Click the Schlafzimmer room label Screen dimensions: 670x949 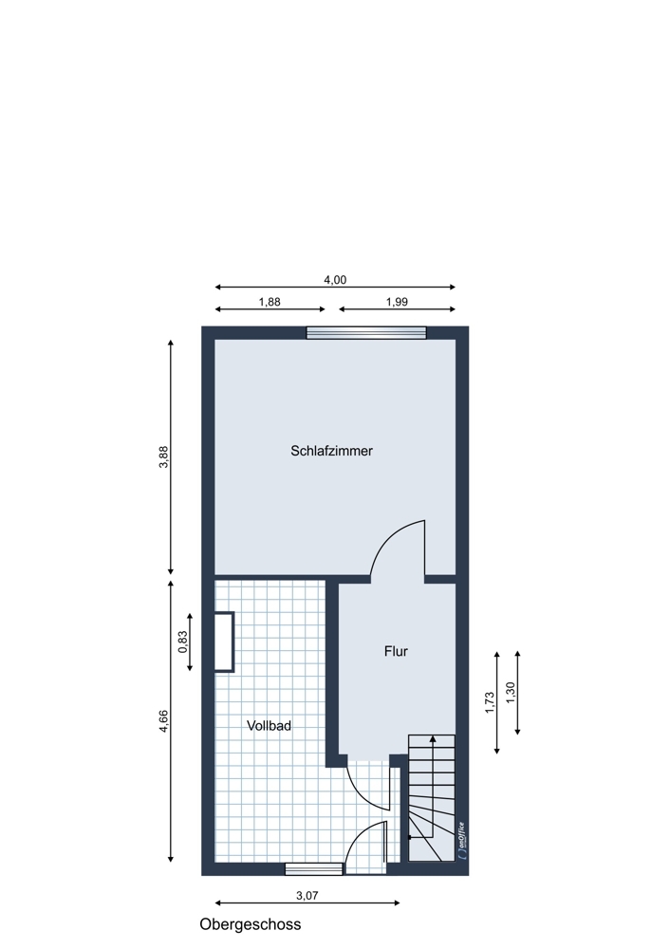331,451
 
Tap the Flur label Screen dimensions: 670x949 396,651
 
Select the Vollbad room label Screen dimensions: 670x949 269,725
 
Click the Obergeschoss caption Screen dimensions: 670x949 250,924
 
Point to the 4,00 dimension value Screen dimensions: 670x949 335,280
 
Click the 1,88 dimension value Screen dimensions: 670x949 270,302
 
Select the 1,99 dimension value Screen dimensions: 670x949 397,302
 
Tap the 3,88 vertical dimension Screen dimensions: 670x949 163,457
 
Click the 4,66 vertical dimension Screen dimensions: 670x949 163,721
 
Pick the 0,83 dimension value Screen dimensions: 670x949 183,642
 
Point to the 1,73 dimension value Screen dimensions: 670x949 490,702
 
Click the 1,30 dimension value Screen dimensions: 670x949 510,693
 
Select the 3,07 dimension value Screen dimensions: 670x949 307,896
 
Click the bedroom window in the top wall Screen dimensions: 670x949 366,333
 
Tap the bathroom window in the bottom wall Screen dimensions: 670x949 314,869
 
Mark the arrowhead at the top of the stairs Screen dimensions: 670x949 432,739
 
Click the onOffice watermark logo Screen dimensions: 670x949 462,840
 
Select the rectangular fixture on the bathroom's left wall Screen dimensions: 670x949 225,642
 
